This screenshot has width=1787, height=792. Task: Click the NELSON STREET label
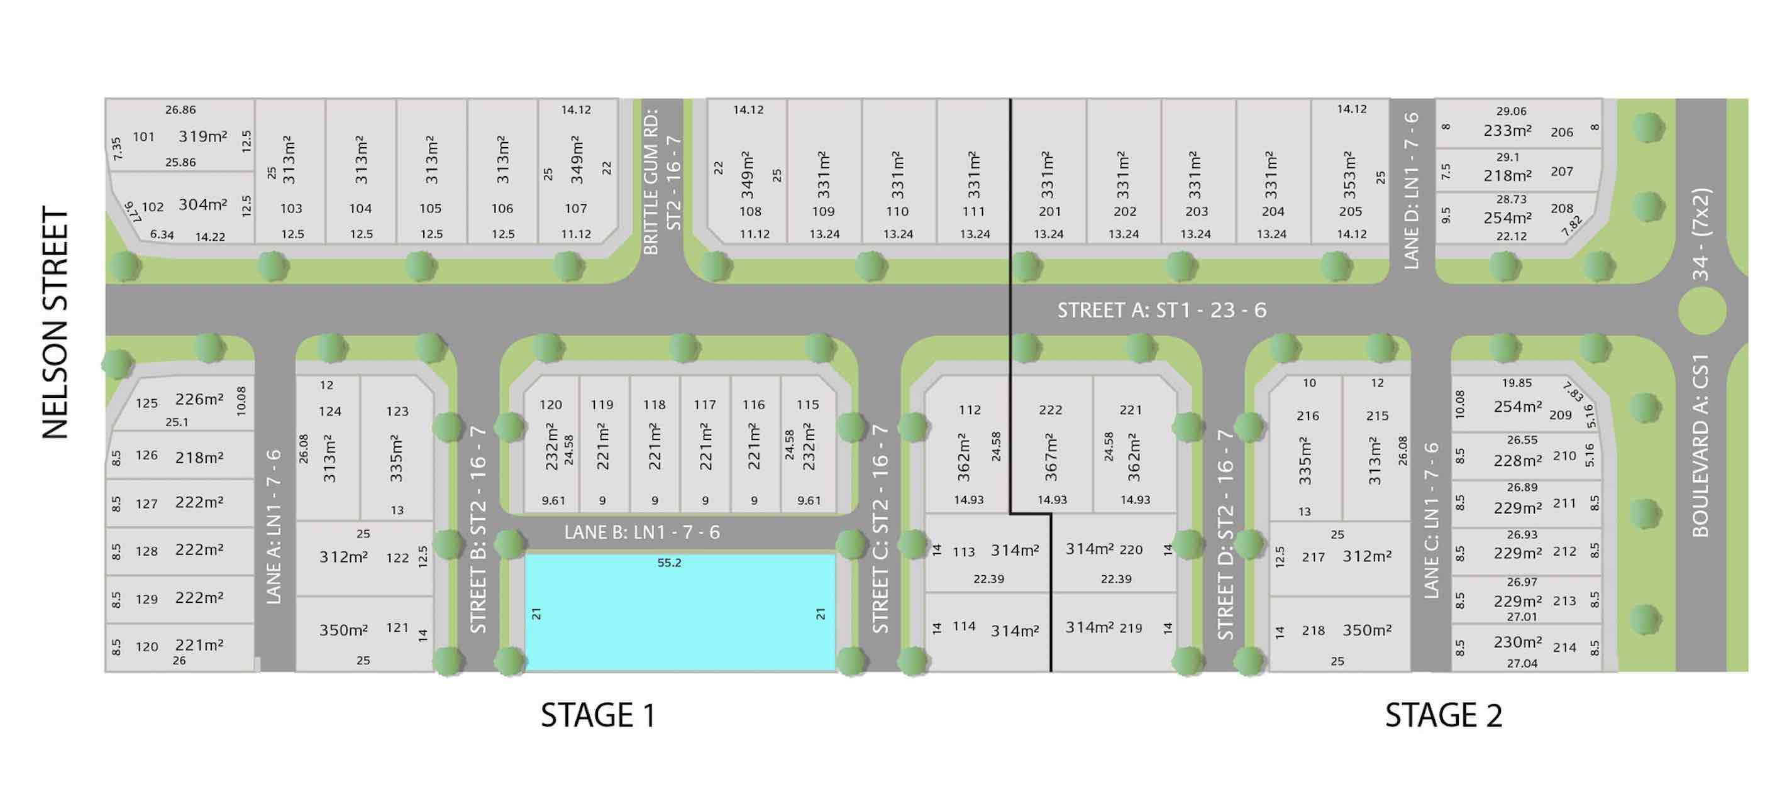55,322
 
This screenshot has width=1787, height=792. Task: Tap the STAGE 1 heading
598,716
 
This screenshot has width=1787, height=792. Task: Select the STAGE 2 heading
1444,716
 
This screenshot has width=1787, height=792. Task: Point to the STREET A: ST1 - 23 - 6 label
1161,310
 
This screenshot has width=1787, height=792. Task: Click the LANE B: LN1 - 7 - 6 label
642,532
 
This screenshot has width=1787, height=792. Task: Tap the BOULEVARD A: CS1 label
1700,446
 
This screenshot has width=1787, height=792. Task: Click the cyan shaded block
680,613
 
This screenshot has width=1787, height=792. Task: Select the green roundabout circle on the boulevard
1701,311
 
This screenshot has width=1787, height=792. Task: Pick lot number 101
143,136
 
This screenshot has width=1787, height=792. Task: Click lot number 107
576,208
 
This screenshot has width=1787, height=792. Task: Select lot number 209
1560,415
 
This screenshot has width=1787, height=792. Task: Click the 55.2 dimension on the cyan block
670,563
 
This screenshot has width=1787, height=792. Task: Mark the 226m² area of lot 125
199,399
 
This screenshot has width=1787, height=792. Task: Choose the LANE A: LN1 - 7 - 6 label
274,527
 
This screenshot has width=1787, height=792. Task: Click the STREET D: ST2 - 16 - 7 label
1225,534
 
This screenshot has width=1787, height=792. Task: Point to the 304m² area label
203,204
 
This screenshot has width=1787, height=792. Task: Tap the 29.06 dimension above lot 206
1511,111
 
